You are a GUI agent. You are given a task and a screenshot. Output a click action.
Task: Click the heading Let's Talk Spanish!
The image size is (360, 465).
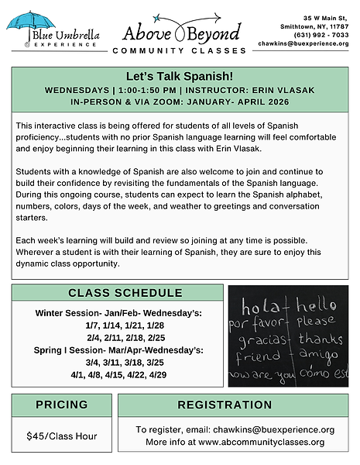tap(179, 77)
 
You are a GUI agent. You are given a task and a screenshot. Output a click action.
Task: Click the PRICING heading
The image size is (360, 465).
tap(61, 405)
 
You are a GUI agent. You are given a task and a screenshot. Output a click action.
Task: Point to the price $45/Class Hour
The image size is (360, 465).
tap(61, 436)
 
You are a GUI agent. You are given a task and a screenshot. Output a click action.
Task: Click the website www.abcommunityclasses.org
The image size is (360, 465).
tap(262, 442)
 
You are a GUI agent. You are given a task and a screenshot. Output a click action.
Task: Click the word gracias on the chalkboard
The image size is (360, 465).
tap(259, 339)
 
